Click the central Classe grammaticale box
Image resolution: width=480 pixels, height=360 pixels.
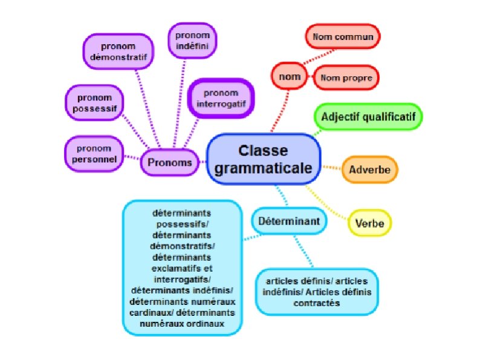point(264,159)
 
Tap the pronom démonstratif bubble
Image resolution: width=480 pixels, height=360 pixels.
point(118,51)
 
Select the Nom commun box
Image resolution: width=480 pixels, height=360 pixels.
point(342,36)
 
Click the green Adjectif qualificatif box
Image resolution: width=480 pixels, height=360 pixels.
point(368,116)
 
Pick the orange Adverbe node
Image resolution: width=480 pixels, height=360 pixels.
point(370,169)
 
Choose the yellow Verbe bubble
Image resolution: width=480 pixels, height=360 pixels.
point(370,222)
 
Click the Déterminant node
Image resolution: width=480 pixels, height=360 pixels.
point(289,221)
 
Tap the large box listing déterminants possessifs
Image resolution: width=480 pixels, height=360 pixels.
point(182,268)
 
